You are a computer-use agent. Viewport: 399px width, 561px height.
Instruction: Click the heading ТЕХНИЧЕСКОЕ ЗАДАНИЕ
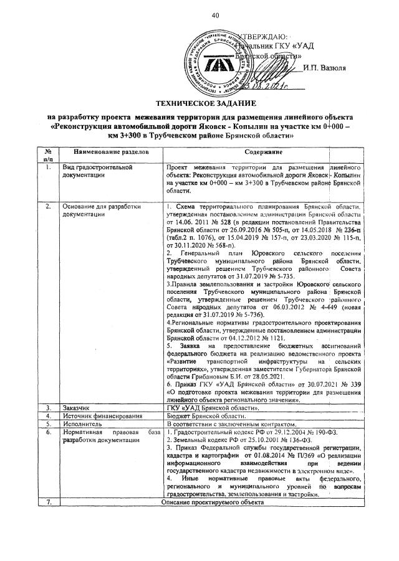coord(201,102)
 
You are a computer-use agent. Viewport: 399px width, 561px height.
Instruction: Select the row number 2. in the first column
coord(47,205)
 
